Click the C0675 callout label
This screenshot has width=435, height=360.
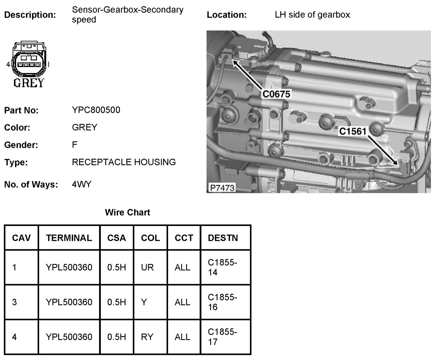(x=276, y=94)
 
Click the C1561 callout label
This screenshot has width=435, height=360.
(x=353, y=131)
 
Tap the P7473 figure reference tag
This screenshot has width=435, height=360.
(x=222, y=188)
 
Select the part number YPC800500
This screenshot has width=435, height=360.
(x=96, y=110)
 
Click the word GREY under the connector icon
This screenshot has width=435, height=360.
(x=29, y=83)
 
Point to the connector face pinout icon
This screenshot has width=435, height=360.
(x=29, y=60)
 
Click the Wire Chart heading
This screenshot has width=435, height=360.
(x=127, y=212)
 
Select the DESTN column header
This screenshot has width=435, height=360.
(x=223, y=238)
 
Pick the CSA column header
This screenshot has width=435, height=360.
(x=116, y=238)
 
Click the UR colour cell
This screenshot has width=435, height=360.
(x=147, y=267)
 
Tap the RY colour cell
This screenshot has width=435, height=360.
(x=147, y=337)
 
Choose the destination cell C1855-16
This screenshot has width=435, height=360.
(x=222, y=302)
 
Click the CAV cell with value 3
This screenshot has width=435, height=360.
(x=15, y=302)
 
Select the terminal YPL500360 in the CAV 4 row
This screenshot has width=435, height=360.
(x=69, y=337)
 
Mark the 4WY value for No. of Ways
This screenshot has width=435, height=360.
(x=82, y=184)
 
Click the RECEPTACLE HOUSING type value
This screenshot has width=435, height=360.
(x=124, y=162)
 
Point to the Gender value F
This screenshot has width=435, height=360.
(x=74, y=145)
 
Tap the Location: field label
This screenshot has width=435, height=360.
(x=226, y=15)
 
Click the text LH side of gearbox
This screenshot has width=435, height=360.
(x=312, y=14)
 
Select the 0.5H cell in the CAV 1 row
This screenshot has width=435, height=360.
(x=116, y=267)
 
